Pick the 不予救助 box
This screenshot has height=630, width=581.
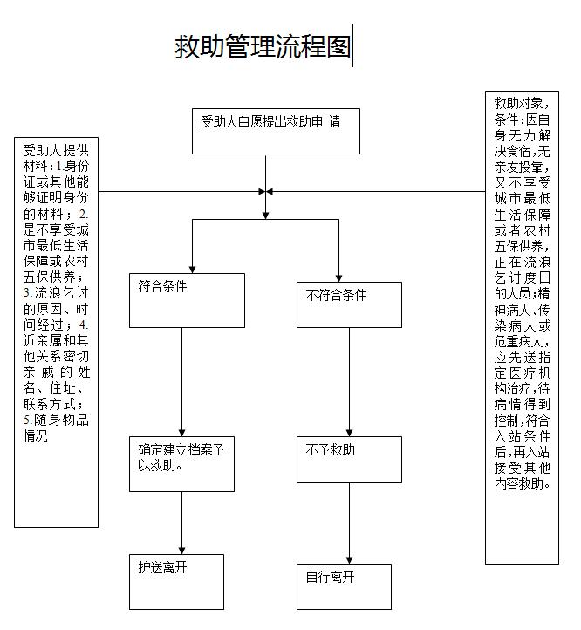click(349, 459)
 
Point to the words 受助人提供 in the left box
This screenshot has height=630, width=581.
click(56, 150)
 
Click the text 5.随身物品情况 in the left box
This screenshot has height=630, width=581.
click(56, 428)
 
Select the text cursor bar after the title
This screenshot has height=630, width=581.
click(352, 45)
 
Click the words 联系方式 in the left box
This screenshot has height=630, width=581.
click(52, 405)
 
